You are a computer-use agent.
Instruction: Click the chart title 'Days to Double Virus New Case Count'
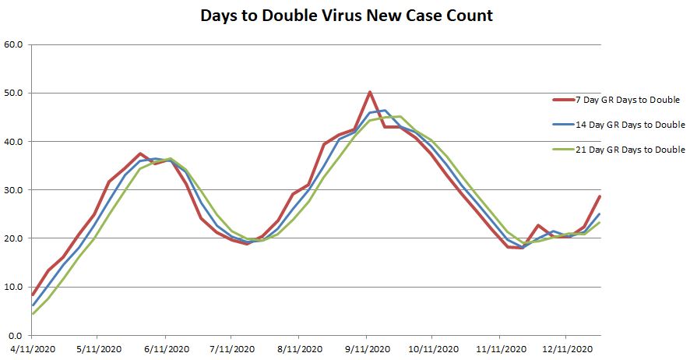click(347, 16)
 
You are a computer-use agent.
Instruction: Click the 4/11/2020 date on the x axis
click(31, 348)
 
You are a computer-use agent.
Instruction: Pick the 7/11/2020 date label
click(231, 348)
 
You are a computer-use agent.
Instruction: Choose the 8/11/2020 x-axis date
click(298, 348)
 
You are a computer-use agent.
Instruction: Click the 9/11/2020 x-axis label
click(366, 348)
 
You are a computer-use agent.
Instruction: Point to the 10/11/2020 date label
click(431, 348)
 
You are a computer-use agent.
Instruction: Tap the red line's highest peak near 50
click(370, 92)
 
